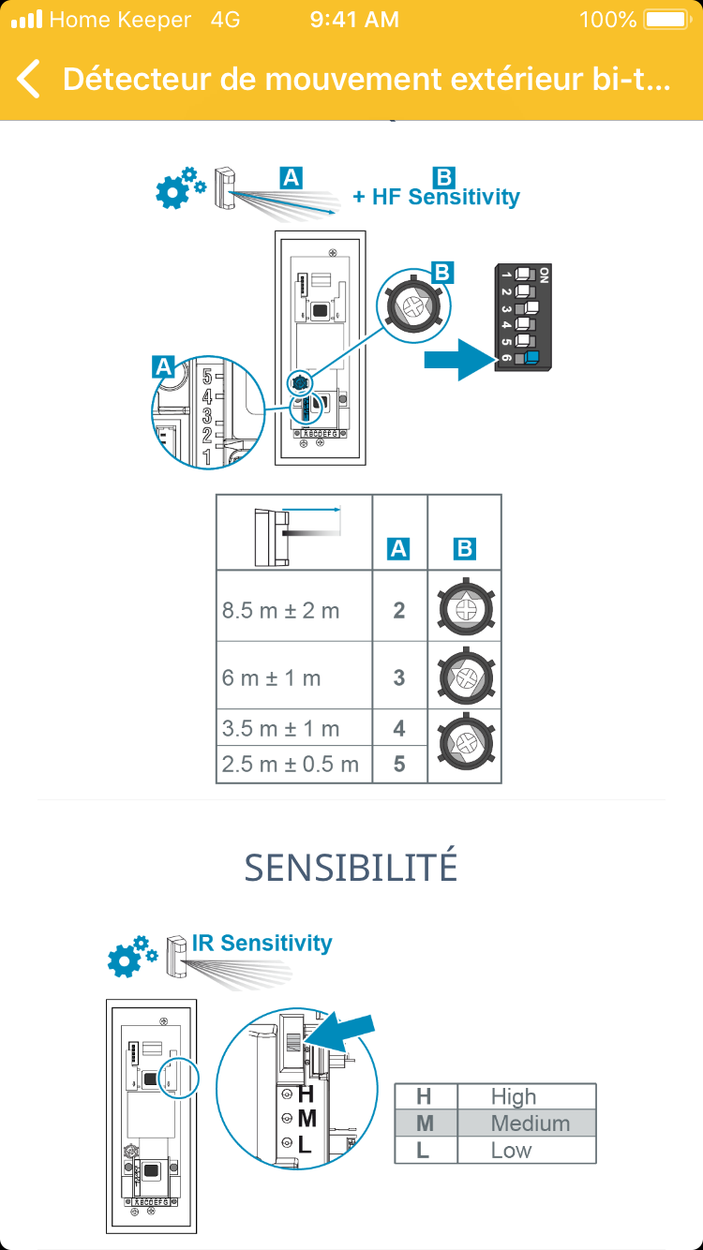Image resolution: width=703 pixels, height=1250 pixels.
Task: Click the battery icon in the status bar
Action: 666,20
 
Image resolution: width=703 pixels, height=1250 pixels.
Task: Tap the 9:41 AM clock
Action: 353,20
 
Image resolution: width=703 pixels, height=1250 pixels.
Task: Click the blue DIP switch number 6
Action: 531,357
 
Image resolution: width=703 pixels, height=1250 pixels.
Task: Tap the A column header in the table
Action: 399,549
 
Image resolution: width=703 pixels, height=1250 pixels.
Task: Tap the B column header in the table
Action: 464,549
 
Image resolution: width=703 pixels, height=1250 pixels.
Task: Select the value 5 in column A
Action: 399,764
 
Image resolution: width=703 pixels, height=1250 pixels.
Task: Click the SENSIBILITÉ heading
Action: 351,869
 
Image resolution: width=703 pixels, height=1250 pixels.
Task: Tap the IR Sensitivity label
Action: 262,943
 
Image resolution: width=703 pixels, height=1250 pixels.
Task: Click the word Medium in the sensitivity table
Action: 530,1123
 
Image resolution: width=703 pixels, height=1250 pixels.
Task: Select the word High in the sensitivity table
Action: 514,1096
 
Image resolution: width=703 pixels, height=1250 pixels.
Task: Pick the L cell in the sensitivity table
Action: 424,1150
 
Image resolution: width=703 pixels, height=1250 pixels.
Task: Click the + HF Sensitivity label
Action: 436,197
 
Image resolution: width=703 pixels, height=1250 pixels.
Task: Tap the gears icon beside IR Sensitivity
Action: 129,955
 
